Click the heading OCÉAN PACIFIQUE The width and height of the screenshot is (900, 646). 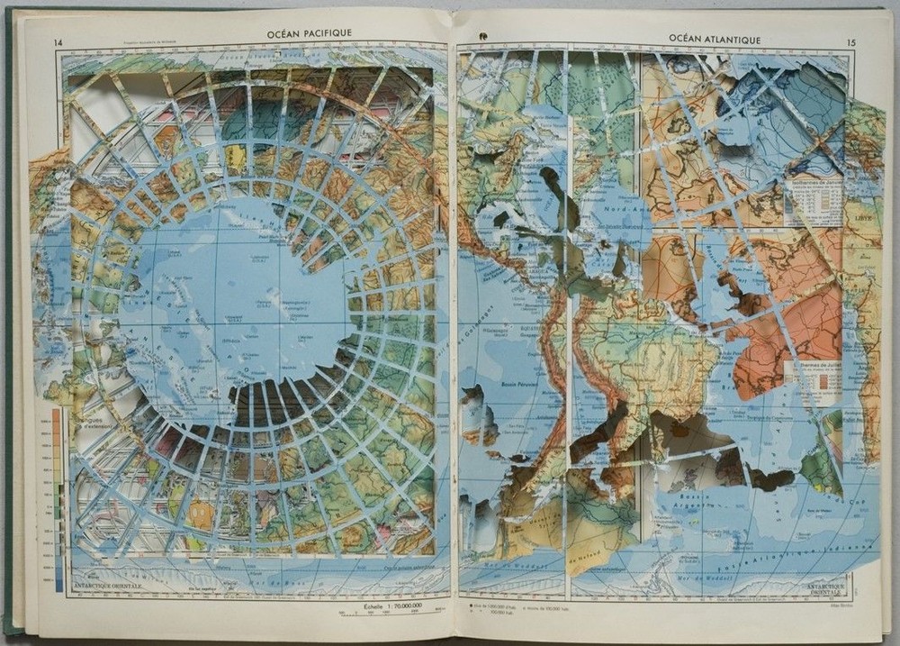point(309,33)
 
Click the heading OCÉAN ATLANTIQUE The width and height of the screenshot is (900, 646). point(715,40)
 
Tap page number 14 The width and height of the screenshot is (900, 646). point(58,43)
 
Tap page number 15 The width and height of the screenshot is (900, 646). point(851,43)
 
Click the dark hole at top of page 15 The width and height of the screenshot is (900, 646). point(482,36)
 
